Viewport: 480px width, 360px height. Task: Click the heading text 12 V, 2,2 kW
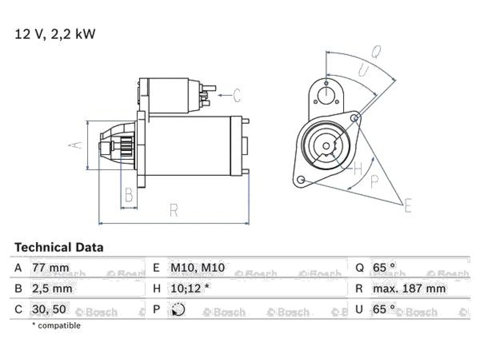tap(55, 34)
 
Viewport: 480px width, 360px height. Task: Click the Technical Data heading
tap(59, 247)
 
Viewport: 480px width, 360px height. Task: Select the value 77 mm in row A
tap(51, 268)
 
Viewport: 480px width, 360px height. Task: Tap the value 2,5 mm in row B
tap(52, 289)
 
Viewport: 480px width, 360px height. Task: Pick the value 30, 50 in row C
tap(49, 309)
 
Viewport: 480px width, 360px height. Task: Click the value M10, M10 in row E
tap(197, 268)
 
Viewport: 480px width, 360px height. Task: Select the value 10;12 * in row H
tap(190, 288)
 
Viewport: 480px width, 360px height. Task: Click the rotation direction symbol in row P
tap(178, 309)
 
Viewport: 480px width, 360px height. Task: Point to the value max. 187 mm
tap(409, 288)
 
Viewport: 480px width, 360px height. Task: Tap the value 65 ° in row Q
tap(383, 268)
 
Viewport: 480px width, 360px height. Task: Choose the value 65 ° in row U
tap(383, 309)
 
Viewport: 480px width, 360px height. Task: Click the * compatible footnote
tap(56, 325)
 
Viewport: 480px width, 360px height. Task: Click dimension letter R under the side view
tap(173, 210)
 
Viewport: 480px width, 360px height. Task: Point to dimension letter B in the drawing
tap(129, 195)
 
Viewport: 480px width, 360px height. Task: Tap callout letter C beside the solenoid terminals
tap(237, 96)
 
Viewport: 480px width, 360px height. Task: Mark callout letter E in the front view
tap(408, 205)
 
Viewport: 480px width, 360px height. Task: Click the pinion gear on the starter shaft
tap(127, 146)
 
